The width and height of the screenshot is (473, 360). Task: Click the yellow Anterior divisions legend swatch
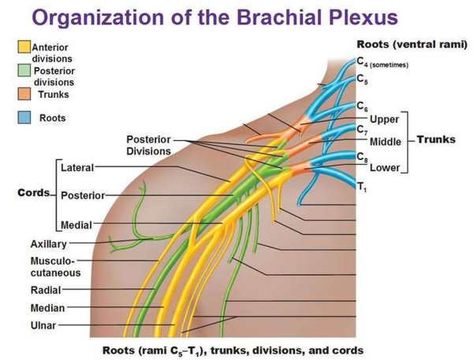click(x=24, y=48)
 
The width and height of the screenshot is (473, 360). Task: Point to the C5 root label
click(x=361, y=79)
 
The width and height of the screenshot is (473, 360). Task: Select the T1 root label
click(x=361, y=187)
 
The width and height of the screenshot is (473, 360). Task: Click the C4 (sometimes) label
click(x=382, y=62)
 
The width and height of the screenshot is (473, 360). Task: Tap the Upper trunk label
click(x=384, y=120)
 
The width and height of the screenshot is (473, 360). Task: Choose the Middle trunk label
click(x=385, y=142)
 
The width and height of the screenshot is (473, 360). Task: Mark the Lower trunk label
click(x=384, y=168)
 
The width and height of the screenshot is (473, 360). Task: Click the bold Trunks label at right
click(x=436, y=139)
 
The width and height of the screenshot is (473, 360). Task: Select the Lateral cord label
click(x=76, y=168)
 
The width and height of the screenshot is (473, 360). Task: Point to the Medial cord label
click(x=76, y=225)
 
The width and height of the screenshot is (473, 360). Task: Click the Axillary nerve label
click(x=48, y=244)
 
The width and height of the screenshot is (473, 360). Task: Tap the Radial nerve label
click(x=45, y=291)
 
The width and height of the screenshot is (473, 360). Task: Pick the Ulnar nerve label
click(x=43, y=325)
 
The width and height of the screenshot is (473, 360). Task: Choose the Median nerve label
click(x=47, y=308)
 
